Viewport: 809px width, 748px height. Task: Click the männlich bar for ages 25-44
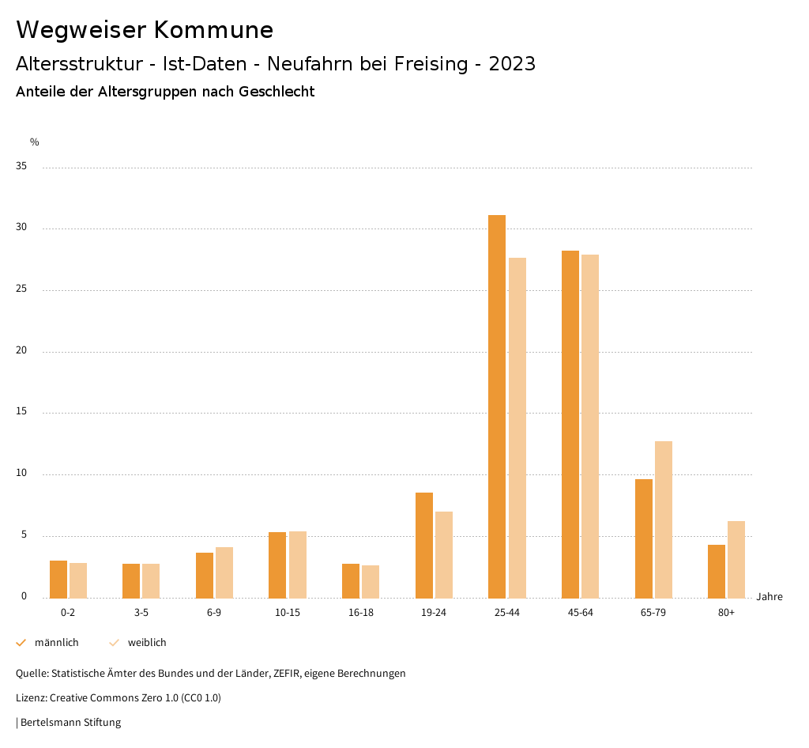pos(497,406)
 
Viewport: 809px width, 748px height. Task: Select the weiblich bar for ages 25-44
pos(517,428)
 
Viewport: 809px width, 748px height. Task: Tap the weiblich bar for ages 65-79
pos(664,519)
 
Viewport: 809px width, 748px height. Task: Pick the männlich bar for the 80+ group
pos(717,571)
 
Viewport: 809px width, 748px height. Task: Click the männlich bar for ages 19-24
pos(424,545)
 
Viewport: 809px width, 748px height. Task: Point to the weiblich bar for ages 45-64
pos(590,426)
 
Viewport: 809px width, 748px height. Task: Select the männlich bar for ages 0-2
pos(58,579)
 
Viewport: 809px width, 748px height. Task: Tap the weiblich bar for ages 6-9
pos(224,572)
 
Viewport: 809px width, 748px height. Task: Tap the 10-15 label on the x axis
pos(288,613)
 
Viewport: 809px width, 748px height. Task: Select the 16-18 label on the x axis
pos(360,613)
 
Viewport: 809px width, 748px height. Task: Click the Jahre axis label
pos(769,596)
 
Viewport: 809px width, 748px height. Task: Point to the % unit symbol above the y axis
pos(35,142)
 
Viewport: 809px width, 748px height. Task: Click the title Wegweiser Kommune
pos(145,30)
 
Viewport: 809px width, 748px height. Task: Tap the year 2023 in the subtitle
pos(512,64)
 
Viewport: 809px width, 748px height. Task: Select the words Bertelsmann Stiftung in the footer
pos(70,722)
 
